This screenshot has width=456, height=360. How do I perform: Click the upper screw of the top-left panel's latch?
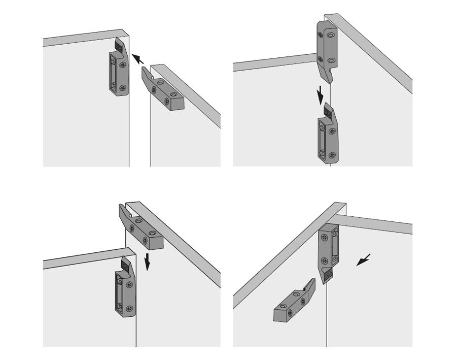123,65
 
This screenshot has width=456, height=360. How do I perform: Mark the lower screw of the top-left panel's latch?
122,87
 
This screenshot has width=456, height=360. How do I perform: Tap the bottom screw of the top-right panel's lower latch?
332,154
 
